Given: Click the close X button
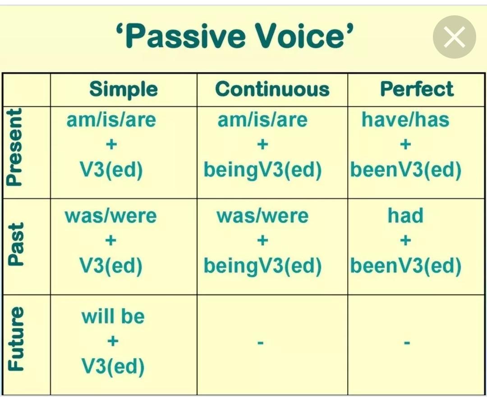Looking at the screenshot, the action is (x=455, y=37).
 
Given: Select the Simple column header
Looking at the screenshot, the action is (x=123, y=89).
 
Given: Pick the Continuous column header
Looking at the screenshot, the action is (x=272, y=89).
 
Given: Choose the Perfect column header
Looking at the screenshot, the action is (x=417, y=89).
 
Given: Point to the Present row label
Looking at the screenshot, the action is (x=14, y=147).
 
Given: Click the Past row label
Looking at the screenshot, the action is (x=15, y=244).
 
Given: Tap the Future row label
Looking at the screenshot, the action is (x=15, y=339).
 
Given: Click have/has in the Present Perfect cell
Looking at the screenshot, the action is (x=405, y=119).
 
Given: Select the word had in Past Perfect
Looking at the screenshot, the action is (x=405, y=215).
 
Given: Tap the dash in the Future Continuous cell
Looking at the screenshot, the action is (x=261, y=343).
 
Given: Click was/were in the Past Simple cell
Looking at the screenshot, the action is (x=110, y=216).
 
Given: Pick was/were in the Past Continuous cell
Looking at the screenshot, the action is (x=262, y=216).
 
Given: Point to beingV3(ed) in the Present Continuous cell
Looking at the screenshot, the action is (x=262, y=170).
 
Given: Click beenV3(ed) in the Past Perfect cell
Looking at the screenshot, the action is (x=406, y=266).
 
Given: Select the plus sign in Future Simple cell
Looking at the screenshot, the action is (x=113, y=341).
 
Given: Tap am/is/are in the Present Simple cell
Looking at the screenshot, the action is (x=111, y=120).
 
